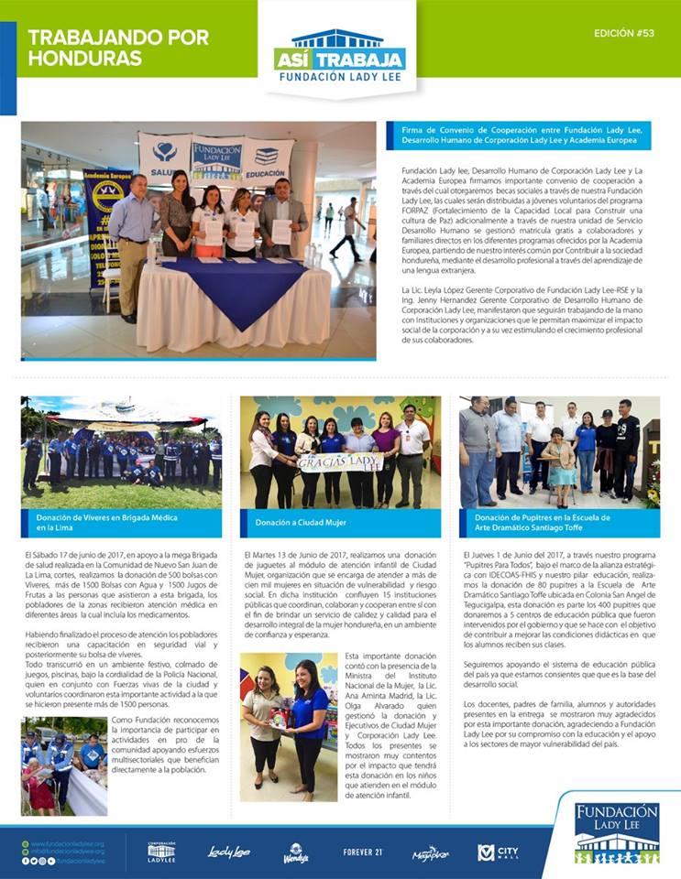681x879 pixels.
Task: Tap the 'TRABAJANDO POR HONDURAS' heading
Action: pyautogui.click(x=117, y=48)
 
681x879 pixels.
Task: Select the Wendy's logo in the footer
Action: pyautogui.click(x=295, y=852)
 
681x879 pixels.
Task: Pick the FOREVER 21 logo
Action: pyautogui.click(x=361, y=852)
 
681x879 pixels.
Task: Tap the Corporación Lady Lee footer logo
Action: pyautogui.click(x=161, y=852)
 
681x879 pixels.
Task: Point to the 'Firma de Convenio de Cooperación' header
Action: pyautogui.click(x=521, y=136)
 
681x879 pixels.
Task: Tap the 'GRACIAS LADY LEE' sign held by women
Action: pyautogui.click(x=340, y=461)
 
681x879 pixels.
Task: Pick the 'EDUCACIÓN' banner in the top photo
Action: pyautogui.click(x=267, y=157)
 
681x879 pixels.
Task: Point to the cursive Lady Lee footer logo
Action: pyautogui.click(x=228, y=852)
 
